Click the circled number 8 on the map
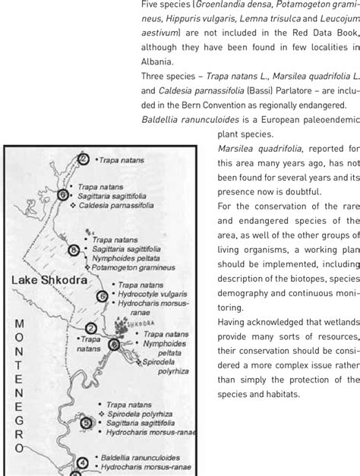(74, 229)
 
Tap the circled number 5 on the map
(86, 424)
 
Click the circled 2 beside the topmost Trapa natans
(83, 159)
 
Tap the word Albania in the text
(159, 61)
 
